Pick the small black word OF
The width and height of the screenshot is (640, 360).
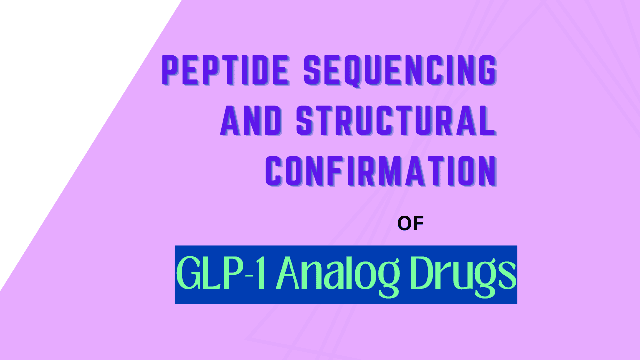tap(410, 224)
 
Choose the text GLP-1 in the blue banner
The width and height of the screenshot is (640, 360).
tap(223, 274)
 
